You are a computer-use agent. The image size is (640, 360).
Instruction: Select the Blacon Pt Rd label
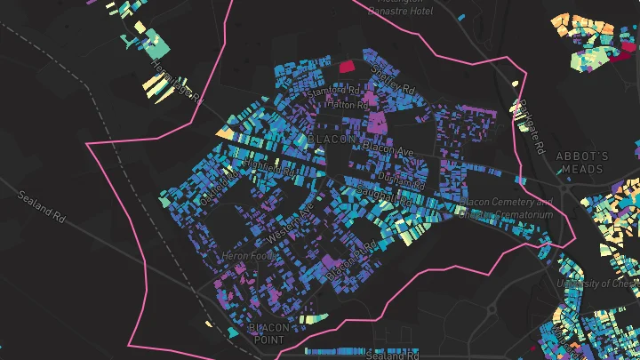pyautogui.click(x=346, y=264)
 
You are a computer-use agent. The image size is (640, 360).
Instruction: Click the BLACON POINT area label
pyautogui.click(x=268, y=333)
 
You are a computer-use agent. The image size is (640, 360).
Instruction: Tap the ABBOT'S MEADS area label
pyautogui.click(x=581, y=163)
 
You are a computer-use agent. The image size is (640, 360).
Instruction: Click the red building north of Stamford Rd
pyautogui.click(x=345, y=65)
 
